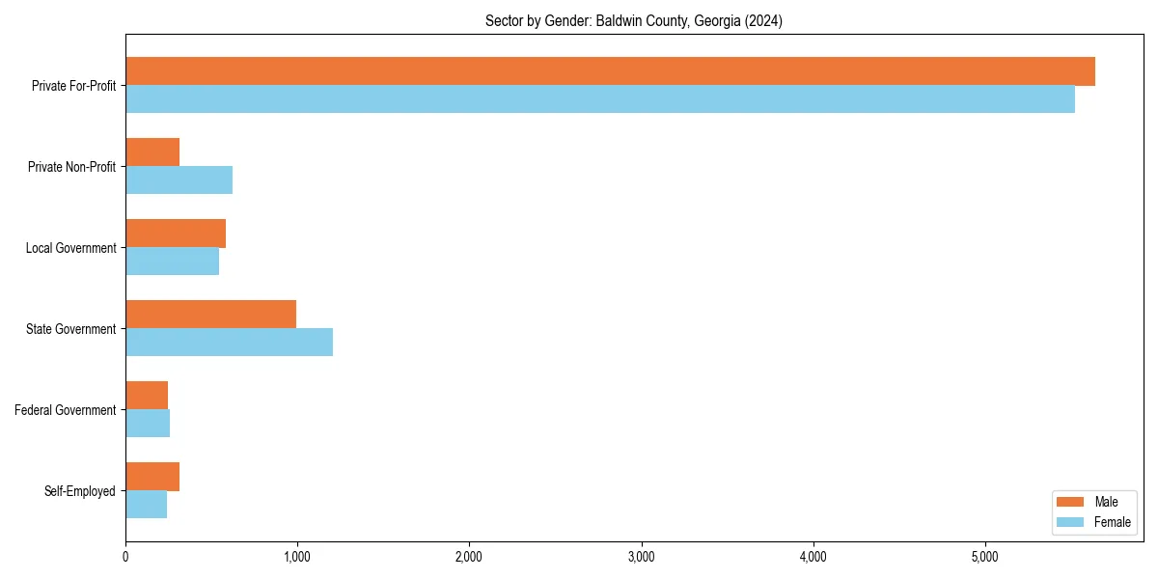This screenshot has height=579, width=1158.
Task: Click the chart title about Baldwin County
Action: coord(634,21)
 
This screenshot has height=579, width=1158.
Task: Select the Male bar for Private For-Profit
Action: coord(610,71)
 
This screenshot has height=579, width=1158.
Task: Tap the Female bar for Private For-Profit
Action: coord(600,99)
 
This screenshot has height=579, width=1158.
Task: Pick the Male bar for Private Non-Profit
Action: coord(152,152)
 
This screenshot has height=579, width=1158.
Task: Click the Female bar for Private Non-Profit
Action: coord(179,180)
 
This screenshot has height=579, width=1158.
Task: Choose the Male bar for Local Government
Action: coord(176,234)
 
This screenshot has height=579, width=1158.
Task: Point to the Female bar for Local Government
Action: coord(172,262)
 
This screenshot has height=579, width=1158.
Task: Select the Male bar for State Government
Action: coord(210,315)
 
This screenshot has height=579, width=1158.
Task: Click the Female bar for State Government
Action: coord(229,343)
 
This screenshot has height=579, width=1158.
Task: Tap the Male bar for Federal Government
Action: coord(147,396)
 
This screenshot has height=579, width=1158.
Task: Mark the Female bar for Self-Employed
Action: coord(146,505)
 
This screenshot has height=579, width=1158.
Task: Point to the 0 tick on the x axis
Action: coord(125,557)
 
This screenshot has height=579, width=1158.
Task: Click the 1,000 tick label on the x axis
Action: coord(297,557)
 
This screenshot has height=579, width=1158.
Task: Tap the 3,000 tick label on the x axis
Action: coord(641,557)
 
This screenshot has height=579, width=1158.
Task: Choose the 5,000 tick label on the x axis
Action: coord(984,557)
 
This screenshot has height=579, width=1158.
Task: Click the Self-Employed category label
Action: coord(80,491)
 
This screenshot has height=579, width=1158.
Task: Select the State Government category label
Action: coord(71,329)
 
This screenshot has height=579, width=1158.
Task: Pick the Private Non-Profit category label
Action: coord(71,167)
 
